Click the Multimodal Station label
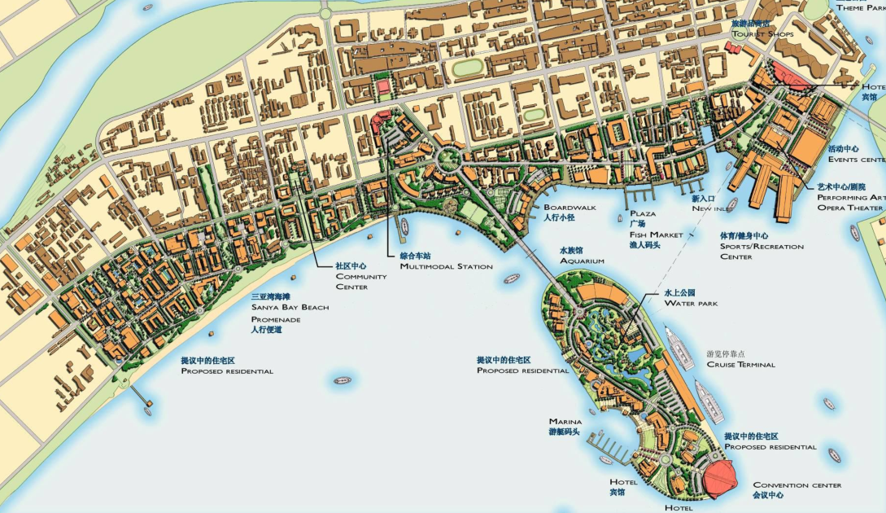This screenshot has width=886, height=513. click(x=446, y=266)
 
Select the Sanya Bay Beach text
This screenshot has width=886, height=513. click(x=290, y=307)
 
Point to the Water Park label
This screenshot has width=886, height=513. click(x=691, y=303)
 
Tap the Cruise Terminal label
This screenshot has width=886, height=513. click(x=740, y=364)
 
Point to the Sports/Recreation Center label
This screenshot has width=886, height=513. click(x=761, y=246)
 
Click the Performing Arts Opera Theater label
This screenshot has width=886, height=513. click(x=851, y=202)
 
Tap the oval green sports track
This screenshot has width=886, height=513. click(x=466, y=68)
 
